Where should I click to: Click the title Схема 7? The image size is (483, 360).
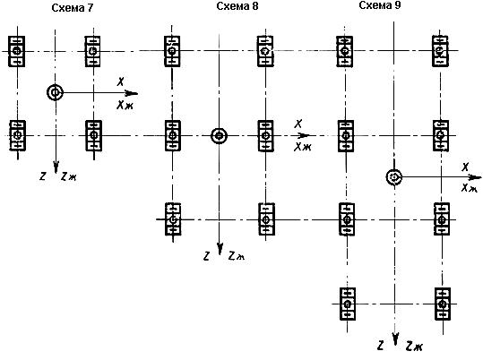(72, 8)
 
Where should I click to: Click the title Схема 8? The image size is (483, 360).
(237, 6)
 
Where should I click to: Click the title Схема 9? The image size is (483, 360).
(380, 5)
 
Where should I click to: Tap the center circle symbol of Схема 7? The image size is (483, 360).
(56, 92)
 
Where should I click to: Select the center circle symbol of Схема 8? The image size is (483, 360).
(219, 136)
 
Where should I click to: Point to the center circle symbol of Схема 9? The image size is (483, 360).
(394, 177)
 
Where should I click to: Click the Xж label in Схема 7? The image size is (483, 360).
(125, 106)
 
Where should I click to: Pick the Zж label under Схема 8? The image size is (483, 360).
(237, 256)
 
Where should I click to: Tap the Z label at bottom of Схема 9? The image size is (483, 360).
(381, 346)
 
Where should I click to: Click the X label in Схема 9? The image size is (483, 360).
(465, 167)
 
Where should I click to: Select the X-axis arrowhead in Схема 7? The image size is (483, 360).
(131, 93)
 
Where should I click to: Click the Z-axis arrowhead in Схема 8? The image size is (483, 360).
(220, 249)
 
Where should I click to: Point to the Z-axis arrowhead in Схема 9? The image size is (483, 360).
(396, 339)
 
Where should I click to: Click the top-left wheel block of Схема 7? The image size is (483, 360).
(17, 51)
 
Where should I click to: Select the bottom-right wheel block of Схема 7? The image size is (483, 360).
(93, 135)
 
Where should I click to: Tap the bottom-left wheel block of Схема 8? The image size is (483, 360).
(173, 219)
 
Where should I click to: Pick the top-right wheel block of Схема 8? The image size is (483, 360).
(265, 51)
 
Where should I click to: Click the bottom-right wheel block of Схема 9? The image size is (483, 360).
(443, 304)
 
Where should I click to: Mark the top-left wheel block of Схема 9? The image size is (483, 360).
(345, 51)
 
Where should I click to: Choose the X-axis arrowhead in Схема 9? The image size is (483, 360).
(475, 177)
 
